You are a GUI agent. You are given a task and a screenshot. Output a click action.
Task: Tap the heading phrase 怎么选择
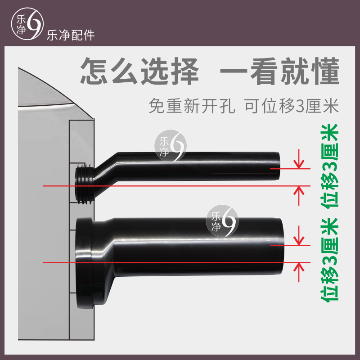pyautogui.click(x=139, y=72)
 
